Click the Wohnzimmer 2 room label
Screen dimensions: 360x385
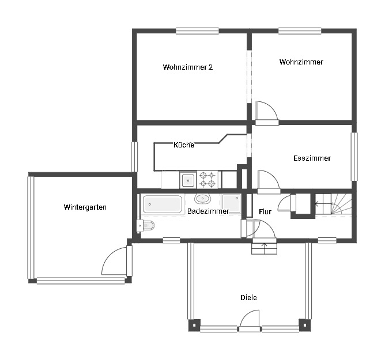coord(188,67)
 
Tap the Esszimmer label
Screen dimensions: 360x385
coord(312,158)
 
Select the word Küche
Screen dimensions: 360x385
coord(184,145)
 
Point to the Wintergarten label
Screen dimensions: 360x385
coord(85,207)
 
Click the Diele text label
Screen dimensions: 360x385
coord(248,298)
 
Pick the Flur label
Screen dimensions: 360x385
coord(265,212)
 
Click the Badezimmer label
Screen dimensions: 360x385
coord(208,211)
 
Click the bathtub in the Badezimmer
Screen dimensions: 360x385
coord(162,203)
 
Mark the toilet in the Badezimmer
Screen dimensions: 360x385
coord(146,225)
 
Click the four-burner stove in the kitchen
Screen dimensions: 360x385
coord(208,180)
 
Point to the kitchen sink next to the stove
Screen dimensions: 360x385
coord(188,180)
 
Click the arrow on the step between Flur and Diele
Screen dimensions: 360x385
coord(265,248)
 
